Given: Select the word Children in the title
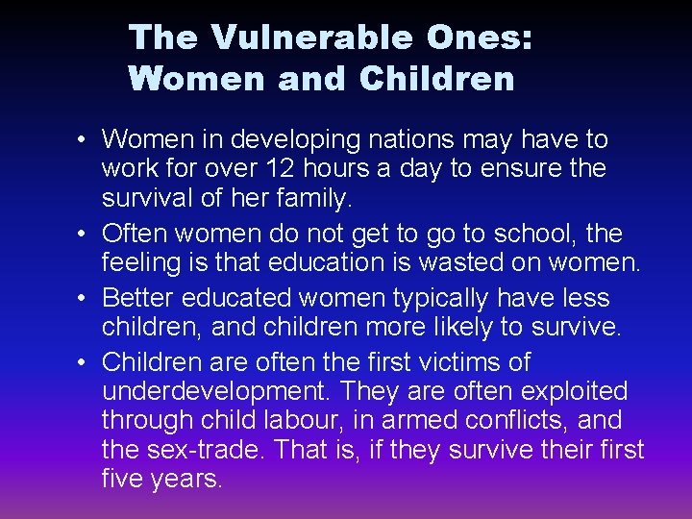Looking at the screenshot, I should pos(437,79).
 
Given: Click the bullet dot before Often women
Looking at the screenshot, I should pos(85,235).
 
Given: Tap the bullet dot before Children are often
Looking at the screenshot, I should pos(85,364).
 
